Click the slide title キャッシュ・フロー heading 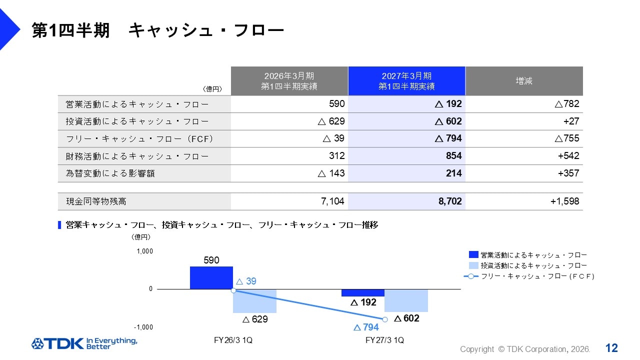coord(157,30)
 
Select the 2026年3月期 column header coord(289,81)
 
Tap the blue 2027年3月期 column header coord(406,81)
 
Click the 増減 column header coord(524,81)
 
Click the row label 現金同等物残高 coord(96,201)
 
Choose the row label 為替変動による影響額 coord(110,173)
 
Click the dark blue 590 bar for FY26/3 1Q coord(211,277)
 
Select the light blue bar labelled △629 coord(254,301)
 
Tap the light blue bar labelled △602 coord(406,300)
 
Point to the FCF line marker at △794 coord(385,319)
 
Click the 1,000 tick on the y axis coord(144,251)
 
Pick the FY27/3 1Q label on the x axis coord(384,340)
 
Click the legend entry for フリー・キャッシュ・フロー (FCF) coord(529,276)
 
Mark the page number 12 coord(611,348)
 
